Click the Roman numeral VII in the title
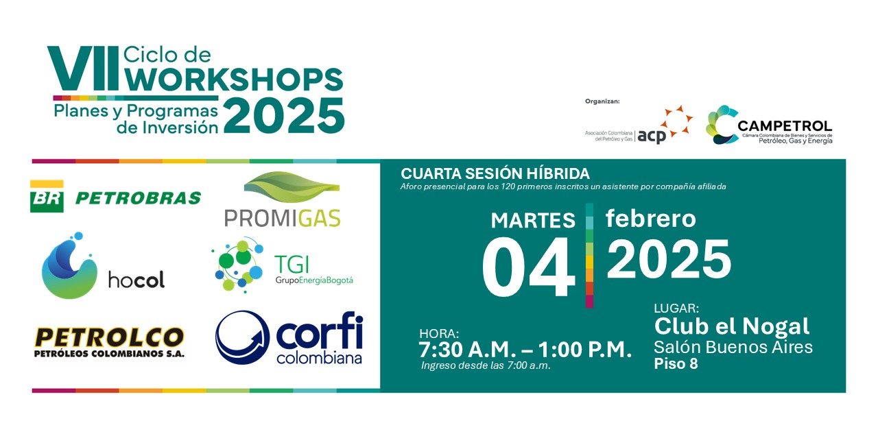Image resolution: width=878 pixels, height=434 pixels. pyautogui.click(x=83, y=68)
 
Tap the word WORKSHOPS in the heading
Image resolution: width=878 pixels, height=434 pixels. pyautogui.click(x=234, y=80)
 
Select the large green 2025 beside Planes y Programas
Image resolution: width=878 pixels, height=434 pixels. pyautogui.click(x=284, y=116)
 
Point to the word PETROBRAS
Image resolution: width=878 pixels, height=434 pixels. pyautogui.click(x=138, y=198)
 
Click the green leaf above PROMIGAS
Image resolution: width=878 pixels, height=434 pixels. pyautogui.click(x=292, y=187)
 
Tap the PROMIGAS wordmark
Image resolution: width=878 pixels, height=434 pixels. pyautogui.click(x=282, y=218)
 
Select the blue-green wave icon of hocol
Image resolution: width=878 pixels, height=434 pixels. pyautogui.click(x=69, y=265)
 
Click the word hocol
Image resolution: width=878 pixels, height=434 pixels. pyautogui.click(x=137, y=279)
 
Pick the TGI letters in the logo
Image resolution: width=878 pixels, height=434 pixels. pyautogui.click(x=292, y=265)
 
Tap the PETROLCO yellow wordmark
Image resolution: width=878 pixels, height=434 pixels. pyautogui.click(x=109, y=337)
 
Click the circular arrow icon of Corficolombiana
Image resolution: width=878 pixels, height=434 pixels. pyautogui.click(x=243, y=337)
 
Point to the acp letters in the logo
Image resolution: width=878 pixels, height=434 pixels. pyautogui.click(x=652, y=136)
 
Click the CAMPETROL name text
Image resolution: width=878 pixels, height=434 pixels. pyautogui.click(x=785, y=126)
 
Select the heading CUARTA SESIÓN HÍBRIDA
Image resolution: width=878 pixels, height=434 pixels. pyautogui.click(x=495, y=173)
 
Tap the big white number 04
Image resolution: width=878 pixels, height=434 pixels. pyautogui.click(x=528, y=267)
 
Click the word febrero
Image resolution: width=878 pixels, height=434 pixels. pyautogui.click(x=651, y=218)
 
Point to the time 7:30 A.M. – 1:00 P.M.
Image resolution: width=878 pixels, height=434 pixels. pyautogui.click(x=525, y=350)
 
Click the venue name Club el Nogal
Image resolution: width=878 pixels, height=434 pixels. pyautogui.click(x=732, y=326)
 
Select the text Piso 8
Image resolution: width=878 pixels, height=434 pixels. pyautogui.click(x=676, y=363)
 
